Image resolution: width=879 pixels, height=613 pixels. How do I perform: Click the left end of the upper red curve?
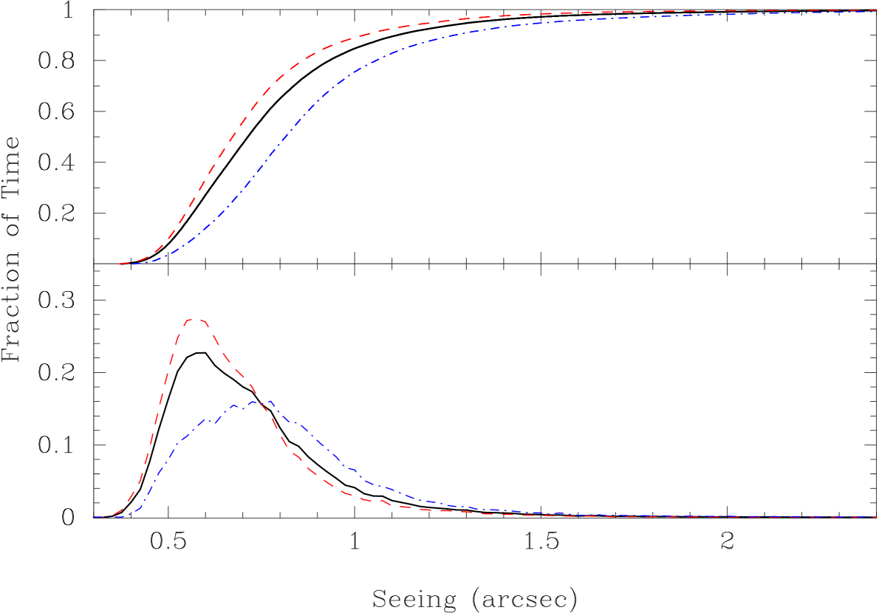(x=119, y=264)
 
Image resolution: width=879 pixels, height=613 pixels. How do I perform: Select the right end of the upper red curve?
(x=878, y=11)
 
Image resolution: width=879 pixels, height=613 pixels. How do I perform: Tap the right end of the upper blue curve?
(x=878, y=13)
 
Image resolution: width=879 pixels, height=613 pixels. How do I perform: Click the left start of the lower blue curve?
(x=95, y=517)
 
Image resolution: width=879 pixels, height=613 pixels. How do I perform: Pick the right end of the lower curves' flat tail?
(x=878, y=517)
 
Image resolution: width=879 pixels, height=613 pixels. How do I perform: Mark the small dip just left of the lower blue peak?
(x=243, y=408)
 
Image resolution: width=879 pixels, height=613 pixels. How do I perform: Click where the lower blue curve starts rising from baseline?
(x=133, y=513)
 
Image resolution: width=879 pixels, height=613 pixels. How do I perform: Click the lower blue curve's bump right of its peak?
(x=295, y=423)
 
